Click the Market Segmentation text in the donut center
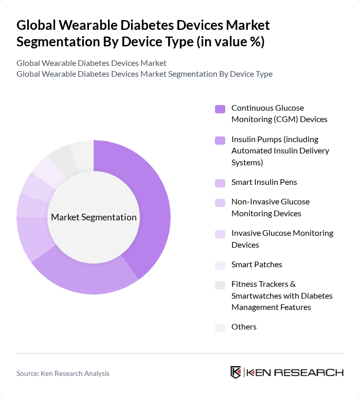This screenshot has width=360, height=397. (94, 217)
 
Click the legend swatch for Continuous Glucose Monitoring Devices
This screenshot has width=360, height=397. (220, 109)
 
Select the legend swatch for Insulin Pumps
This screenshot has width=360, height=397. (220, 140)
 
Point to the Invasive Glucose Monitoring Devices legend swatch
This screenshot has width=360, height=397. (220, 234)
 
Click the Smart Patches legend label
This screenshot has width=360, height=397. (257, 265)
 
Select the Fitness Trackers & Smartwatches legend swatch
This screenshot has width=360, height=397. (220, 285)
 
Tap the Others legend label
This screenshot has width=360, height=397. (244, 327)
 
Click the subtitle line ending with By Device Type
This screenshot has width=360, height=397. (145, 74)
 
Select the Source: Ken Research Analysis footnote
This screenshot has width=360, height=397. (63, 373)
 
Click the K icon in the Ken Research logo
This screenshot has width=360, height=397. (236, 372)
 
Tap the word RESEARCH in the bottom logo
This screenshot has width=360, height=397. (313, 372)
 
